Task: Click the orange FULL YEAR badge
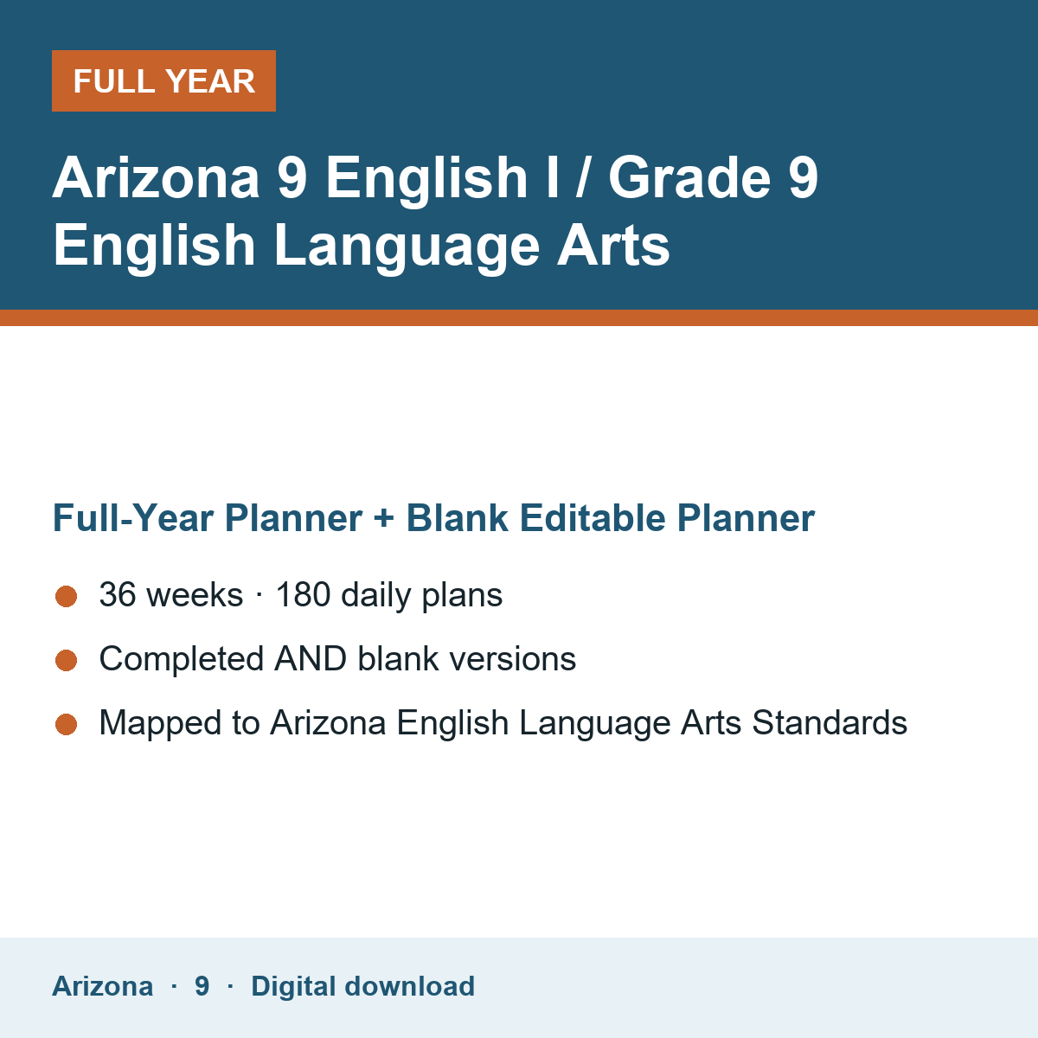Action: point(163,80)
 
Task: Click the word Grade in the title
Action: point(689,177)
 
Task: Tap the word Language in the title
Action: point(407,247)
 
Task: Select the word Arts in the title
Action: point(613,245)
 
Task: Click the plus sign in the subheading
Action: point(383,518)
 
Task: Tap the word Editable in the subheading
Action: point(593,517)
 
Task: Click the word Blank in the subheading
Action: point(457,517)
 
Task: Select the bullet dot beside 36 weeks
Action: point(67,596)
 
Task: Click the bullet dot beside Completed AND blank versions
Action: point(67,660)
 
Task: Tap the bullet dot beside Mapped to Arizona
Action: point(67,724)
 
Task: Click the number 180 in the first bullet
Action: point(303,594)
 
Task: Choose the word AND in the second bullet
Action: point(311,659)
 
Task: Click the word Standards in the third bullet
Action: point(830,722)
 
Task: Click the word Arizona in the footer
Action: point(102,986)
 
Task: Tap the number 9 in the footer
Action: point(202,986)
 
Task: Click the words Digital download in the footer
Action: point(363,986)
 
